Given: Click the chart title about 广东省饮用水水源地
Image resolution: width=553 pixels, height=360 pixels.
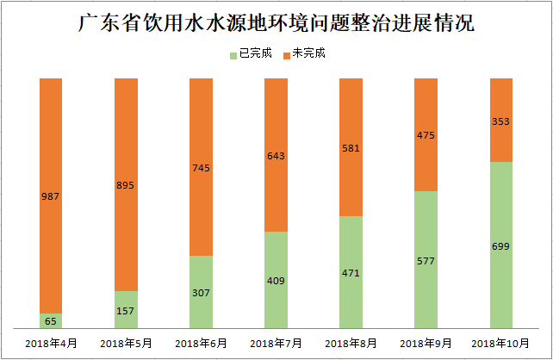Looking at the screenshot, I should click(276, 23).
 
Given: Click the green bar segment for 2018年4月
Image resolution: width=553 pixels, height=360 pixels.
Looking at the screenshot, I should click(51, 320).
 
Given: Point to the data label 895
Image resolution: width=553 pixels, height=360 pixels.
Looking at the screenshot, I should click(125, 186).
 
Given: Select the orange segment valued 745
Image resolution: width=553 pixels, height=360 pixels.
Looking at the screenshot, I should click(201, 167).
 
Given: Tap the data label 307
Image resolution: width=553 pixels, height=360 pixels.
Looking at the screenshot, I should click(201, 292).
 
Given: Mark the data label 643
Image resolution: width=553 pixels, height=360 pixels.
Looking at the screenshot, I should click(276, 156).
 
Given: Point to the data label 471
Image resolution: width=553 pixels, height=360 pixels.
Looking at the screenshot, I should click(351, 273).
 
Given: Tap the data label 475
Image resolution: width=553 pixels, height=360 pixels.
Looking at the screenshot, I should click(426, 135).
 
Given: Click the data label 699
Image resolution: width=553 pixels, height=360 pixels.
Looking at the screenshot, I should click(500, 247).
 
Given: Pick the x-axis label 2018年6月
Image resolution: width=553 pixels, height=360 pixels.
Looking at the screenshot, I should click(201, 343).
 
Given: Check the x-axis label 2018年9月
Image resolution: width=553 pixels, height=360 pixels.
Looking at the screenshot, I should click(426, 343).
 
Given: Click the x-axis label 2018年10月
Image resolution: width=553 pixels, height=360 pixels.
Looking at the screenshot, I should click(500, 343).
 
